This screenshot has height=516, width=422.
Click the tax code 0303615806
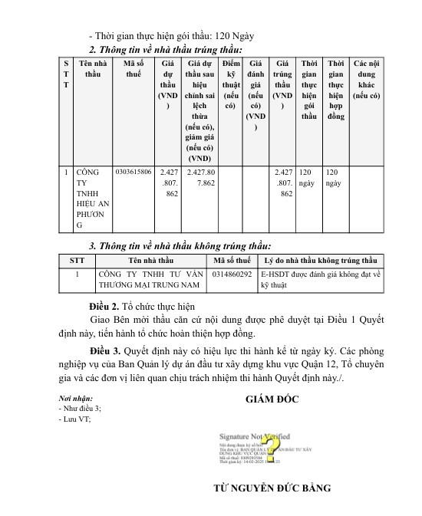[134, 173]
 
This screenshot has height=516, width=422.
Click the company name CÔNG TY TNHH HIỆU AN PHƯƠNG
[91, 199]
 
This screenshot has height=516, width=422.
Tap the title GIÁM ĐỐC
[272, 399]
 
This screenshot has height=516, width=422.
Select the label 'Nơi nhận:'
[75, 399]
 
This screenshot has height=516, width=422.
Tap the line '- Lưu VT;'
[74, 419]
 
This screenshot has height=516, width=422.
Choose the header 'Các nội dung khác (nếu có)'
[366, 77]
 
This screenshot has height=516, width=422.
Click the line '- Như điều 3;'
[79, 409]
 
